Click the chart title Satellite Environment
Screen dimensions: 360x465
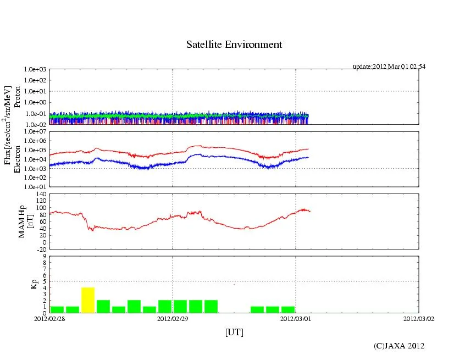pos(234,45)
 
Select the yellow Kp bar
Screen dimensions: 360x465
pos(88,300)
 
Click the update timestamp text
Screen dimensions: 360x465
pos(389,67)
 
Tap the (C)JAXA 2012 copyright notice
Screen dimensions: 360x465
pos(399,345)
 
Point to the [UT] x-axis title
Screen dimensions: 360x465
pos(234,332)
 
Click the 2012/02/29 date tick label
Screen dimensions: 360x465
pos(173,318)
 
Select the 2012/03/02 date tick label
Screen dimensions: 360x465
pos(419,318)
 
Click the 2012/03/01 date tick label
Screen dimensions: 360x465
pos(296,318)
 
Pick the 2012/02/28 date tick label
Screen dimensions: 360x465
pos(49,318)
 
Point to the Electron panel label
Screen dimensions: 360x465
pos(17,159)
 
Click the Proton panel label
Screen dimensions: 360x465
pos(17,97)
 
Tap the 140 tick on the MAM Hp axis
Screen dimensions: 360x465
pos(41,194)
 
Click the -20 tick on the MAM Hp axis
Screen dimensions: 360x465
pos(41,249)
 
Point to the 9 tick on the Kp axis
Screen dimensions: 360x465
pos(44,256)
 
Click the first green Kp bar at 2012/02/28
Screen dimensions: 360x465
pos(57,309)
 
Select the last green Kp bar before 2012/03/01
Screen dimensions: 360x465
pos(288,309)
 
